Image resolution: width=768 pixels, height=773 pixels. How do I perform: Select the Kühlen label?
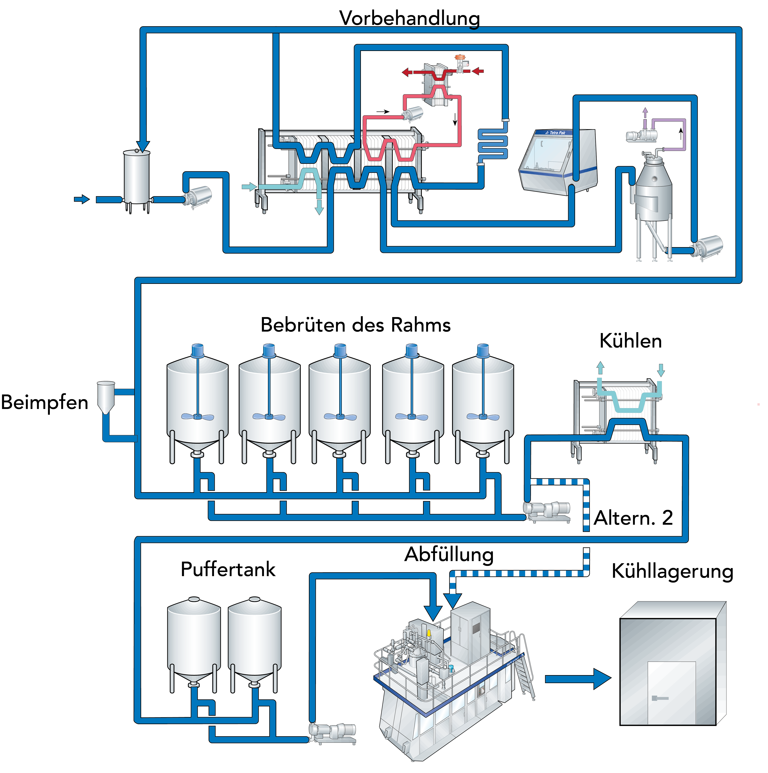pos(630,341)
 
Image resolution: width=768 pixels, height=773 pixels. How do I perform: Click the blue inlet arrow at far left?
pos(82,199)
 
